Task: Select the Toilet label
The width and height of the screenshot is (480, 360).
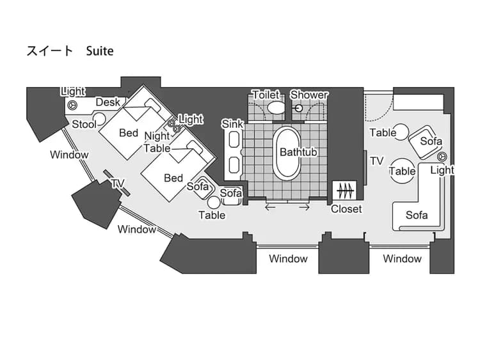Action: [x=265, y=95]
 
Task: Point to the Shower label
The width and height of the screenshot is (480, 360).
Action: [x=309, y=95]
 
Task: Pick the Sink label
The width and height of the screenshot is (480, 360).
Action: [x=232, y=123]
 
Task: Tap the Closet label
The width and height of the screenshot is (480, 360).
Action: [x=346, y=208]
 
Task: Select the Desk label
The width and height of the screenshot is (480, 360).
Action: [x=108, y=102]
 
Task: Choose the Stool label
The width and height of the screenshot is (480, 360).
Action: [x=84, y=124]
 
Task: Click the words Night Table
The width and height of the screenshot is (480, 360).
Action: [x=157, y=142]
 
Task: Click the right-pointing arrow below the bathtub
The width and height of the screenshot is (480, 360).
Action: [x=305, y=207]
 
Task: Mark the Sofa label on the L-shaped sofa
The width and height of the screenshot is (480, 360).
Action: [x=417, y=215]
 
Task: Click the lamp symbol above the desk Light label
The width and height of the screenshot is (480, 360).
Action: [x=73, y=104]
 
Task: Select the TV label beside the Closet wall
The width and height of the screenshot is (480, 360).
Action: [x=377, y=161]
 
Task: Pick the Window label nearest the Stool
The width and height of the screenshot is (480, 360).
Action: [x=69, y=155]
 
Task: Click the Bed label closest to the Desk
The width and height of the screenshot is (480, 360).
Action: [x=129, y=133]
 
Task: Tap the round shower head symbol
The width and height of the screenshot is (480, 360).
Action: [x=298, y=107]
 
